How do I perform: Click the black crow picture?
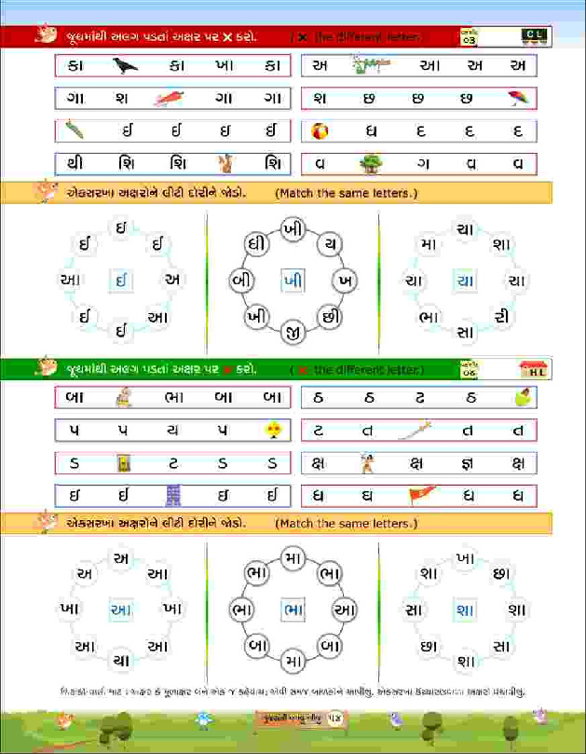[125, 65]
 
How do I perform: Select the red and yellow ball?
[319, 130]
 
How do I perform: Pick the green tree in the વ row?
[371, 163]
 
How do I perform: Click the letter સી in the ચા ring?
[503, 316]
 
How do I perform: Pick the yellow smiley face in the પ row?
[272, 430]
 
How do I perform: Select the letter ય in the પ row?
[171, 430]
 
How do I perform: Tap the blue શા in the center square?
[464, 610]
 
